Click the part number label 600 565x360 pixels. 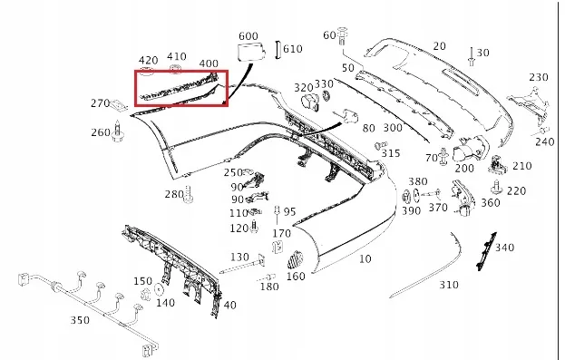tap(248, 36)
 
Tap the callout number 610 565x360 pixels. tap(292, 49)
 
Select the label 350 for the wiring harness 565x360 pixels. tap(80, 320)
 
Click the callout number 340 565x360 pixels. tap(504, 248)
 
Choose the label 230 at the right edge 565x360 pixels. tap(539, 77)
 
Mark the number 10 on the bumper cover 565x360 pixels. tap(365, 259)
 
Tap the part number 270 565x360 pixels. tap(100, 103)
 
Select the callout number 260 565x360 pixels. tap(100, 133)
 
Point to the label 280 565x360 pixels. tap(173, 195)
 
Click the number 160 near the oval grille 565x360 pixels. tap(296, 277)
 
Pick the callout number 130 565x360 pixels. tap(239, 257)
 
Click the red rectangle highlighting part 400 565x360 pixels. tap(181, 88)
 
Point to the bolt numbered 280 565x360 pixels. tap(191, 193)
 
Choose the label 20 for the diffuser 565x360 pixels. tap(440, 46)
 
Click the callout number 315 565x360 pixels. tap(391, 153)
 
